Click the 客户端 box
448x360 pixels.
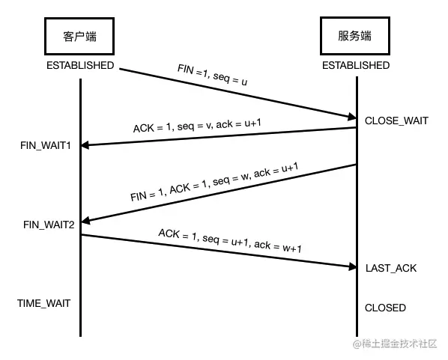click(x=80, y=36)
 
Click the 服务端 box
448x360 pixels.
click(x=356, y=36)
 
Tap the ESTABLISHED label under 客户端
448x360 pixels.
click(x=80, y=65)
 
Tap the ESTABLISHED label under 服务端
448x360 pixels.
click(x=356, y=65)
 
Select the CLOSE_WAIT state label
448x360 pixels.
click(x=396, y=120)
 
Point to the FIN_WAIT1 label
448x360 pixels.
click(x=46, y=144)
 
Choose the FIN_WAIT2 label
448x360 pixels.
click(x=49, y=224)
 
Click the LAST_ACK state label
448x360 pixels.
click(x=390, y=267)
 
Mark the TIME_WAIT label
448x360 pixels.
click(x=43, y=303)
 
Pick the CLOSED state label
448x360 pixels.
click(x=385, y=308)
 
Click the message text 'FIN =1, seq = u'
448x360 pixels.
click(x=211, y=76)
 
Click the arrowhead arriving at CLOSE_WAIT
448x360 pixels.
click(x=351, y=116)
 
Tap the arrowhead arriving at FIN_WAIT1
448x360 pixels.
click(x=86, y=144)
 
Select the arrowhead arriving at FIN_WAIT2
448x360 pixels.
click(x=86, y=222)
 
